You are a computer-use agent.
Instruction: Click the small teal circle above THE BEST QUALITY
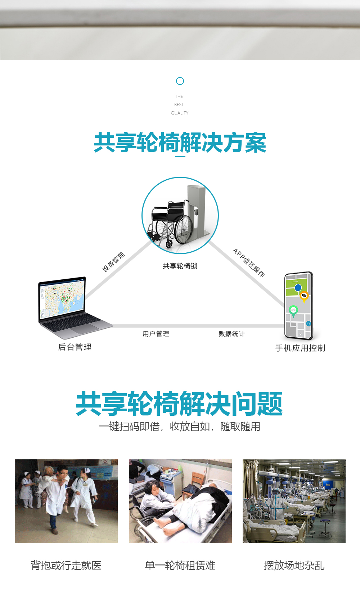pos(180,81)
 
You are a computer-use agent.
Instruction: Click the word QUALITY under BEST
pos(180,113)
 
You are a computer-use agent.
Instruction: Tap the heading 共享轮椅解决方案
pos(180,143)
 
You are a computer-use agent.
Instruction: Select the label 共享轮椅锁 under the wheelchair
pos(180,266)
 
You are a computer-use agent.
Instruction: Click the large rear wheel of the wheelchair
pos(184,229)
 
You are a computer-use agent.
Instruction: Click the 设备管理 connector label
pos(113,262)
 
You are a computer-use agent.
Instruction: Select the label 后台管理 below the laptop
pos(75,347)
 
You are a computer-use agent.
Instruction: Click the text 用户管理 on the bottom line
pos(156,334)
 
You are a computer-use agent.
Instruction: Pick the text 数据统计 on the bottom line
pos(231,334)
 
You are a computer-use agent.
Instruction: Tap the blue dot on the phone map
pos(298,288)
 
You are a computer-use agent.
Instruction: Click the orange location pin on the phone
pos(304,296)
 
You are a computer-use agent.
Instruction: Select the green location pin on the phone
pos(293,310)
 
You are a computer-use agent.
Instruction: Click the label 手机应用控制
pos(300,348)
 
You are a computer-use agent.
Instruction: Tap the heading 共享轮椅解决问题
pos(179,404)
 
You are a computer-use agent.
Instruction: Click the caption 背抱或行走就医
pos(66,566)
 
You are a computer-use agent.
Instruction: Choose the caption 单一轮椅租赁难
pos(180,566)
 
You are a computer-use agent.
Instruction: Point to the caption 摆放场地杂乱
pos(294,566)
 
